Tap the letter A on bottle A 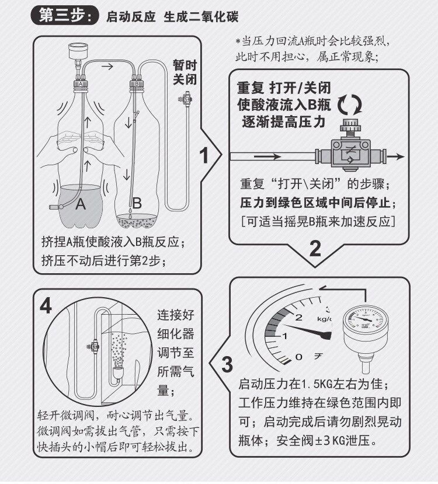(x=81, y=204)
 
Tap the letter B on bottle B (x=137, y=204)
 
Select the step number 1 (x=205, y=156)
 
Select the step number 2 (x=315, y=249)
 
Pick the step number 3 (x=227, y=364)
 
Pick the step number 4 (x=46, y=307)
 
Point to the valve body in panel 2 (x=349, y=155)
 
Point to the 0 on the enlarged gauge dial (x=299, y=356)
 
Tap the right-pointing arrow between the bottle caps (x=107, y=67)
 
